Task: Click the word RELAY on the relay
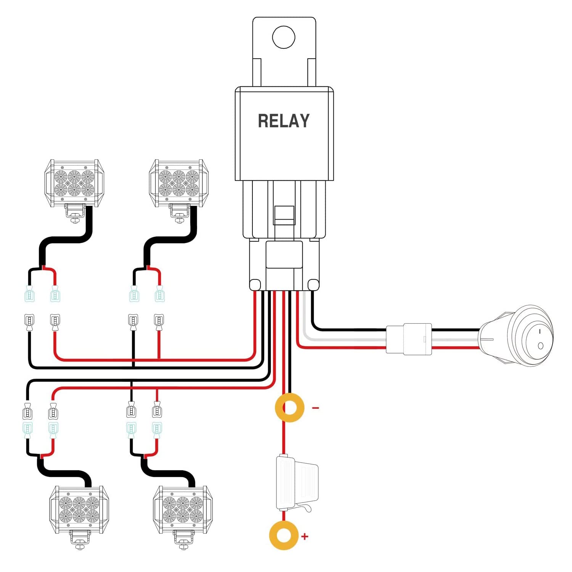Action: [x=284, y=121]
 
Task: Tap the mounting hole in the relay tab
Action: [x=284, y=37]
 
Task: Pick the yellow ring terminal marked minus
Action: [x=289, y=408]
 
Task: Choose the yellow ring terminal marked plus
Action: [x=283, y=535]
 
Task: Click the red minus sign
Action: [x=315, y=408]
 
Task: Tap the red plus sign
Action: [x=305, y=537]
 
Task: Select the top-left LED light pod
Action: [x=74, y=183]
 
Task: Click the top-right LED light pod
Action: [x=178, y=183]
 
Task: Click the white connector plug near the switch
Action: [x=409, y=339]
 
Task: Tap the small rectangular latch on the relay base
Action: [x=284, y=215]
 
